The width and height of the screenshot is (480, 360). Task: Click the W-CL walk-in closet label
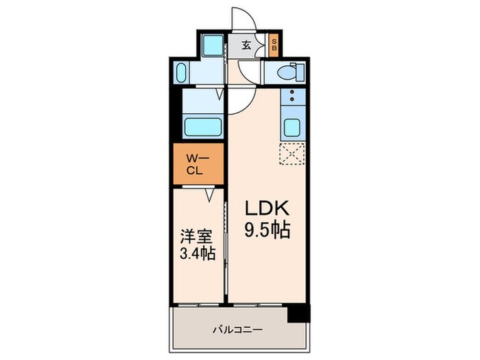197,165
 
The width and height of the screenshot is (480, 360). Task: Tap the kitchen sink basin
291,128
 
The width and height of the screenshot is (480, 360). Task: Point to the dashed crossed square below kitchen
291,155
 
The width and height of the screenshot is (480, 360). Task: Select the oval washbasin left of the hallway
182,72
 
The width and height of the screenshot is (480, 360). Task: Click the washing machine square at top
213,45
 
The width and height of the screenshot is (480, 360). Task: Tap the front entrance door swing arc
242,19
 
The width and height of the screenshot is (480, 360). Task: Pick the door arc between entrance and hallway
247,72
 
